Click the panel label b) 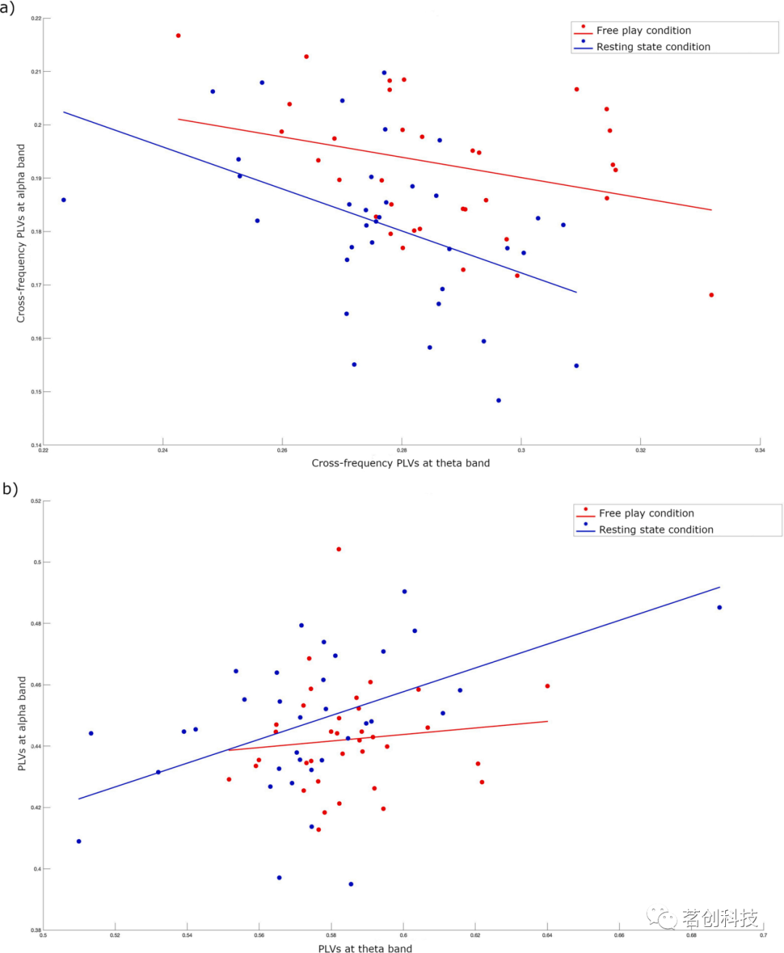[9, 489]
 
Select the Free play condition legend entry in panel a [643, 30]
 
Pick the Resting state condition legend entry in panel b [656, 530]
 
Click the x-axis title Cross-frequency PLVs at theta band [401, 463]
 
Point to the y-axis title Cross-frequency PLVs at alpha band [21, 233]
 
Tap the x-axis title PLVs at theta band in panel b [365, 948]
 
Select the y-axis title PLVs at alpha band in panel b [22, 724]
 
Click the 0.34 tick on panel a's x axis [759, 450]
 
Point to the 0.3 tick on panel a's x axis [521, 450]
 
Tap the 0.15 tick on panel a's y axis [36, 392]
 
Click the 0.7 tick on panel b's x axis [763, 935]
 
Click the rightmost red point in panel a [711, 295]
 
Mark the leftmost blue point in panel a [64, 200]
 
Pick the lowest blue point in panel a [499, 401]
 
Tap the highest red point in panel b [339, 549]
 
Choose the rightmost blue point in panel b [719, 608]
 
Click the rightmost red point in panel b [547, 686]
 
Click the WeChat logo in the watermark [661, 918]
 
